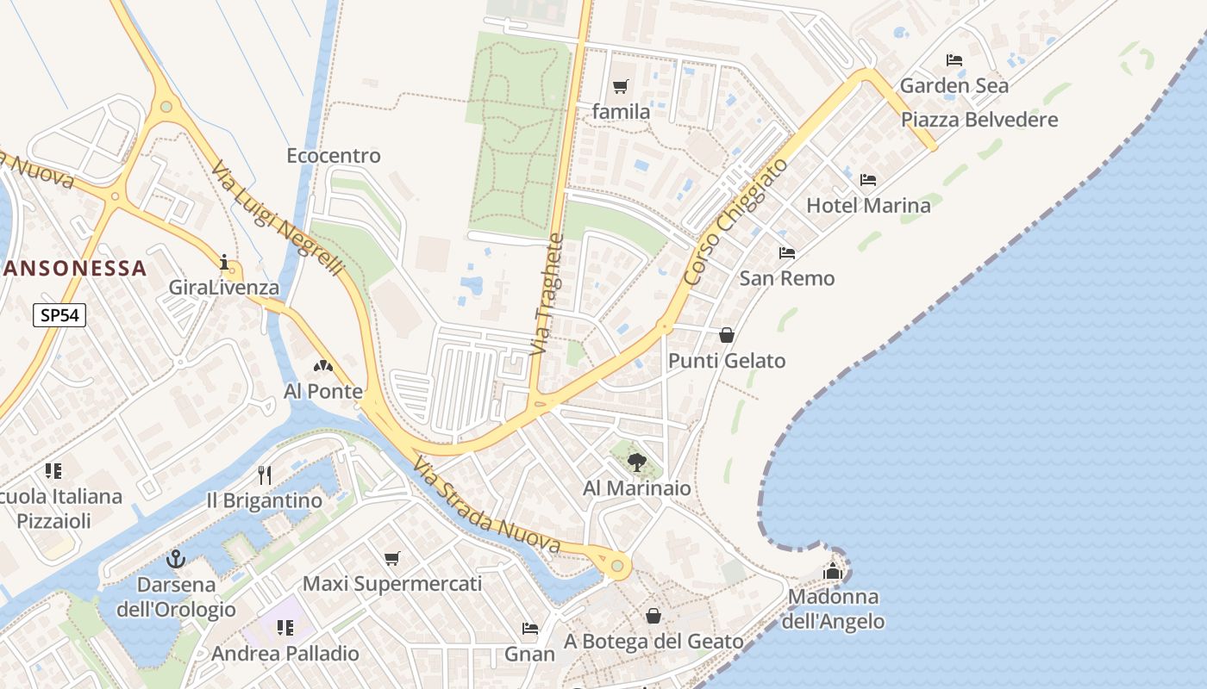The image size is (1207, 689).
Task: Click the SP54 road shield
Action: [59, 315]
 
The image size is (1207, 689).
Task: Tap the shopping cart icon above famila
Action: [620, 86]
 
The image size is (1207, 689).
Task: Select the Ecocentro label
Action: [334, 156]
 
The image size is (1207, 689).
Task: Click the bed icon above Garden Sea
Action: [954, 60]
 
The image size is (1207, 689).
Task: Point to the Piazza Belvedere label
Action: [979, 120]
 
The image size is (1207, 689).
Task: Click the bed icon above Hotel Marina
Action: [868, 180]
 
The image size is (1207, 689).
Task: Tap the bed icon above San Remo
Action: [787, 253]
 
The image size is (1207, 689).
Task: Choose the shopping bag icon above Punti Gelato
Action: [727, 335]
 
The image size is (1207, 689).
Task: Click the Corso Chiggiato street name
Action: [735, 221]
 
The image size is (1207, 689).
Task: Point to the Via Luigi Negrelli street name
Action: [278, 220]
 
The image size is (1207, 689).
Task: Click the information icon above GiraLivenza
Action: [224, 262]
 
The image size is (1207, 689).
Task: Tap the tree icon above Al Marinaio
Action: [637, 462]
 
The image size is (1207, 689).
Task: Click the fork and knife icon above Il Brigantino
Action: [265, 475]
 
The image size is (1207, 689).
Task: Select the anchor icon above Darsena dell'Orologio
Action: [176, 559]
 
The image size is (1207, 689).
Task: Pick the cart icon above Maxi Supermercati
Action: [392, 558]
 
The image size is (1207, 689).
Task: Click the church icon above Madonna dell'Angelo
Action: [833, 571]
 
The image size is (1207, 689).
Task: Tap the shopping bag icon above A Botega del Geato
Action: [654, 616]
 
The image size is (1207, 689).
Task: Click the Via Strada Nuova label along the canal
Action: [486, 506]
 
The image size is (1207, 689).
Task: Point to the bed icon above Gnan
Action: [530, 629]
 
